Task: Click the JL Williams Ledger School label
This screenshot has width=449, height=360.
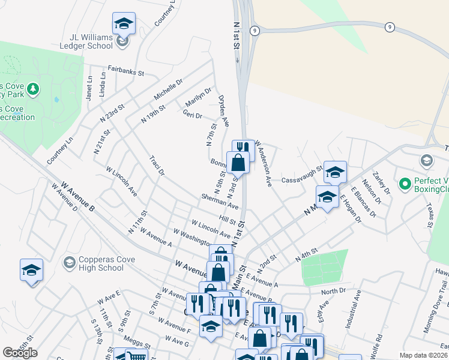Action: (86, 40)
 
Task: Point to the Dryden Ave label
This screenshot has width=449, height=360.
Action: (224, 110)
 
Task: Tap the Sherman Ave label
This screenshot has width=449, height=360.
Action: (220, 200)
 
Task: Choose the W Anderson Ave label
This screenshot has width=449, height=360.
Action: (264, 163)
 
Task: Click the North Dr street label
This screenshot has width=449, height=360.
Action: (334, 291)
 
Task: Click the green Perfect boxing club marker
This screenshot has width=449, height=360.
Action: (405, 182)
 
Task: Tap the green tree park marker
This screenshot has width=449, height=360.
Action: (34, 89)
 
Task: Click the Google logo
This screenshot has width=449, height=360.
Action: (20, 353)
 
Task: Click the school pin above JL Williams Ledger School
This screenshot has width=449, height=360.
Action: (124, 24)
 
